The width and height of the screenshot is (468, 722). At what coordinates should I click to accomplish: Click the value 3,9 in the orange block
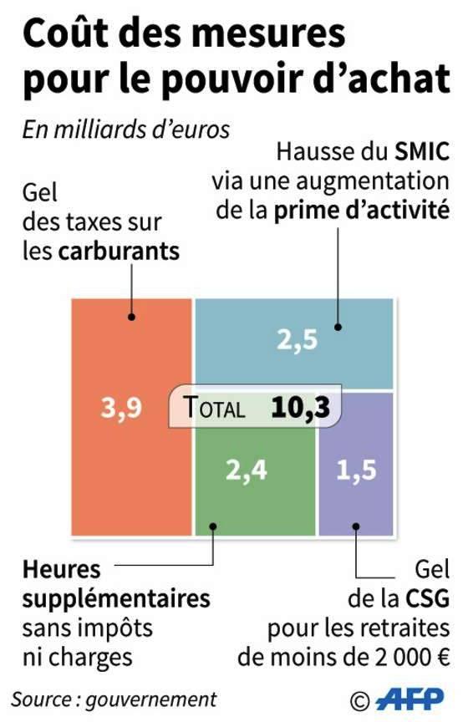(x=121, y=408)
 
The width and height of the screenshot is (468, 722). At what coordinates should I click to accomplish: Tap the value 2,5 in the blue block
(x=298, y=340)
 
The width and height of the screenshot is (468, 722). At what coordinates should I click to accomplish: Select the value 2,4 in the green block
(x=247, y=470)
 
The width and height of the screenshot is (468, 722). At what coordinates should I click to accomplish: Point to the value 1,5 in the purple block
(x=356, y=470)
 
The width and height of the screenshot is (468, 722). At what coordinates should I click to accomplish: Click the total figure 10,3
(x=301, y=408)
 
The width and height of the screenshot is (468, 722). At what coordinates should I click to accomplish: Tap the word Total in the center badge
(x=214, y=407)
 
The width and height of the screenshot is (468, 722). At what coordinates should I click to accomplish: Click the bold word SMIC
(x=422, y=152)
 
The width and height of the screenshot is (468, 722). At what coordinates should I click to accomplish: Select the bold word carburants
(x=119, y=252)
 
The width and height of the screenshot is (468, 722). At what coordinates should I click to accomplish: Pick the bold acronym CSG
(x=427, y=598)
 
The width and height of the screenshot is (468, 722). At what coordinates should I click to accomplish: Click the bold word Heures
(x=61, y=570)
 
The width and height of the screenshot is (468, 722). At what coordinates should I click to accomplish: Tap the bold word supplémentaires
(x=116, y=599)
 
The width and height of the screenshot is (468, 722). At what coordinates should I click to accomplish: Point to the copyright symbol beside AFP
(x=359, y=701)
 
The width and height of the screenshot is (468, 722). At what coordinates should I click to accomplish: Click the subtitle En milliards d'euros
(x=125, y=130)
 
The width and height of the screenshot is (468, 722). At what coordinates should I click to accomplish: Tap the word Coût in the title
(x=64, y=33)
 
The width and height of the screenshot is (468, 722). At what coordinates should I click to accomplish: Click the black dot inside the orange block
(x=132, y=317)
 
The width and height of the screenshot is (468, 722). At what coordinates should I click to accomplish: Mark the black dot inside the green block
(x=213, y=526)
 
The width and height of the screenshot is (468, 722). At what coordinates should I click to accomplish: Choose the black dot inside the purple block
(x=356, y=526)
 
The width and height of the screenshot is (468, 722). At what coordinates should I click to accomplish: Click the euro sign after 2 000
(x=443, y=657)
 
